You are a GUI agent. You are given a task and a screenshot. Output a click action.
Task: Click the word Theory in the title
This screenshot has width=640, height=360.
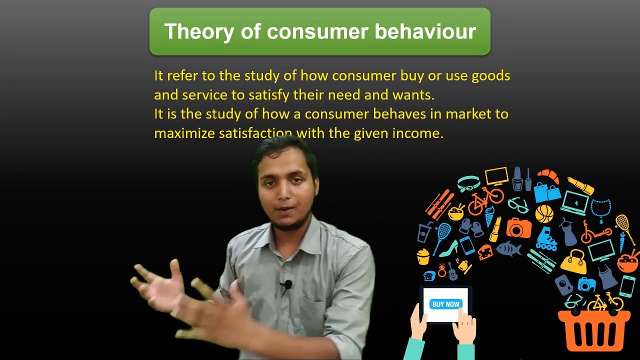coord(191,31)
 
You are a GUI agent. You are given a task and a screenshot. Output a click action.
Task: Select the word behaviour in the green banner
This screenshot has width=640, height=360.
coord(425,31)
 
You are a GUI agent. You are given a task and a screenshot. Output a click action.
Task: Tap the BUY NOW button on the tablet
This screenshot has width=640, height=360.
coord(445,304)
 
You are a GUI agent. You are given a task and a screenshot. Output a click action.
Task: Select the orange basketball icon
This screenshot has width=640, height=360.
coord(544,214)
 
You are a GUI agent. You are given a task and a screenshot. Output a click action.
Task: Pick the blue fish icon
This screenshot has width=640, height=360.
coord(508,248)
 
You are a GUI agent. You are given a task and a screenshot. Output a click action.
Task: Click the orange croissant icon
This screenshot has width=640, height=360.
coord(548,176)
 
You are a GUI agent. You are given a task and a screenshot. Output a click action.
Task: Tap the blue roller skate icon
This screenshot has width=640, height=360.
coord(547,240)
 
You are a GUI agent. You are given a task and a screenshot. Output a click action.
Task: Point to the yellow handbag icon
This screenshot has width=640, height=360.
coord(573,261)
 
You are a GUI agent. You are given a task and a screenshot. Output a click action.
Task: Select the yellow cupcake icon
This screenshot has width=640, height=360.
coord(423,256)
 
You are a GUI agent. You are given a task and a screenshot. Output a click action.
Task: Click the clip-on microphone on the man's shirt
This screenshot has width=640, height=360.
coord(287,285)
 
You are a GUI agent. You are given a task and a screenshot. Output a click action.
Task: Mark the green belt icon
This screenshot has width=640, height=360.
coord(468,183)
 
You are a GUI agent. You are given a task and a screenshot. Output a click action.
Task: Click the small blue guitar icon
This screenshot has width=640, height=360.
coord(452,271)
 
